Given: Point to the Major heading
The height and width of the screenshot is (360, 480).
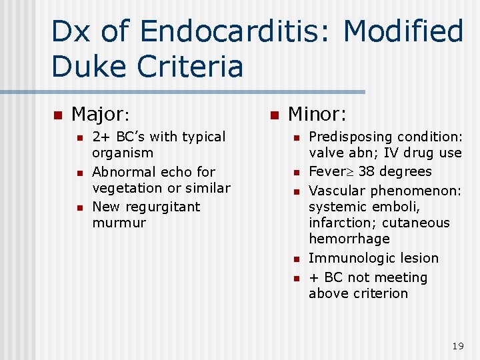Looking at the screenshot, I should pos(99,115).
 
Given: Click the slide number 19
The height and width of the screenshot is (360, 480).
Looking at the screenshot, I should pos(457,346).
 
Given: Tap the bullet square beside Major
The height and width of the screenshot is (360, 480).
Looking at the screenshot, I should pos(57,115).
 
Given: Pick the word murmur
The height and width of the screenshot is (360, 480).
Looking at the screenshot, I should pos(119,223).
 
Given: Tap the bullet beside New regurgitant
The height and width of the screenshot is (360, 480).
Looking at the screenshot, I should pos(79,207).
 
